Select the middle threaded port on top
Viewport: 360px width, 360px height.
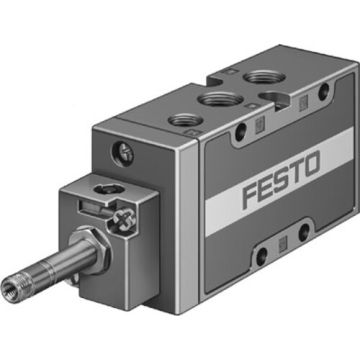[220, 100]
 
